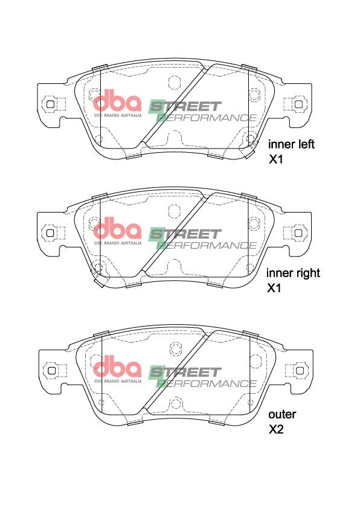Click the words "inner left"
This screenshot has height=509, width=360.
pyautogui.click(x=291, y=144)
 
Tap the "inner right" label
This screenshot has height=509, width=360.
pyautogui.click(x=293, y=273)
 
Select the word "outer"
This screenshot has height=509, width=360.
pyautogui.click(x=282, y=415)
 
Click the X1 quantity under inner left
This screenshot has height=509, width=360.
pyautogui.click(x=275, y=159)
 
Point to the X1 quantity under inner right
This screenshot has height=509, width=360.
pyautogui.click(x=274, y=288)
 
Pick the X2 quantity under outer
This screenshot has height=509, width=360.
pyautogui.click(x=276, y=429)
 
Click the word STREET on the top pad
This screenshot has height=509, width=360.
pyautogui.click(x=185, y=107)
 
